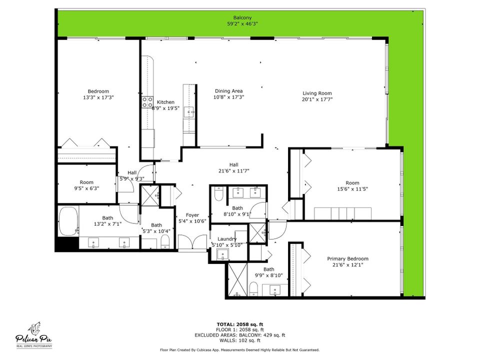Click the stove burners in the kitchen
(x=148, y=102)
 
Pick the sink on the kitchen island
(x=188, y=111)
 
